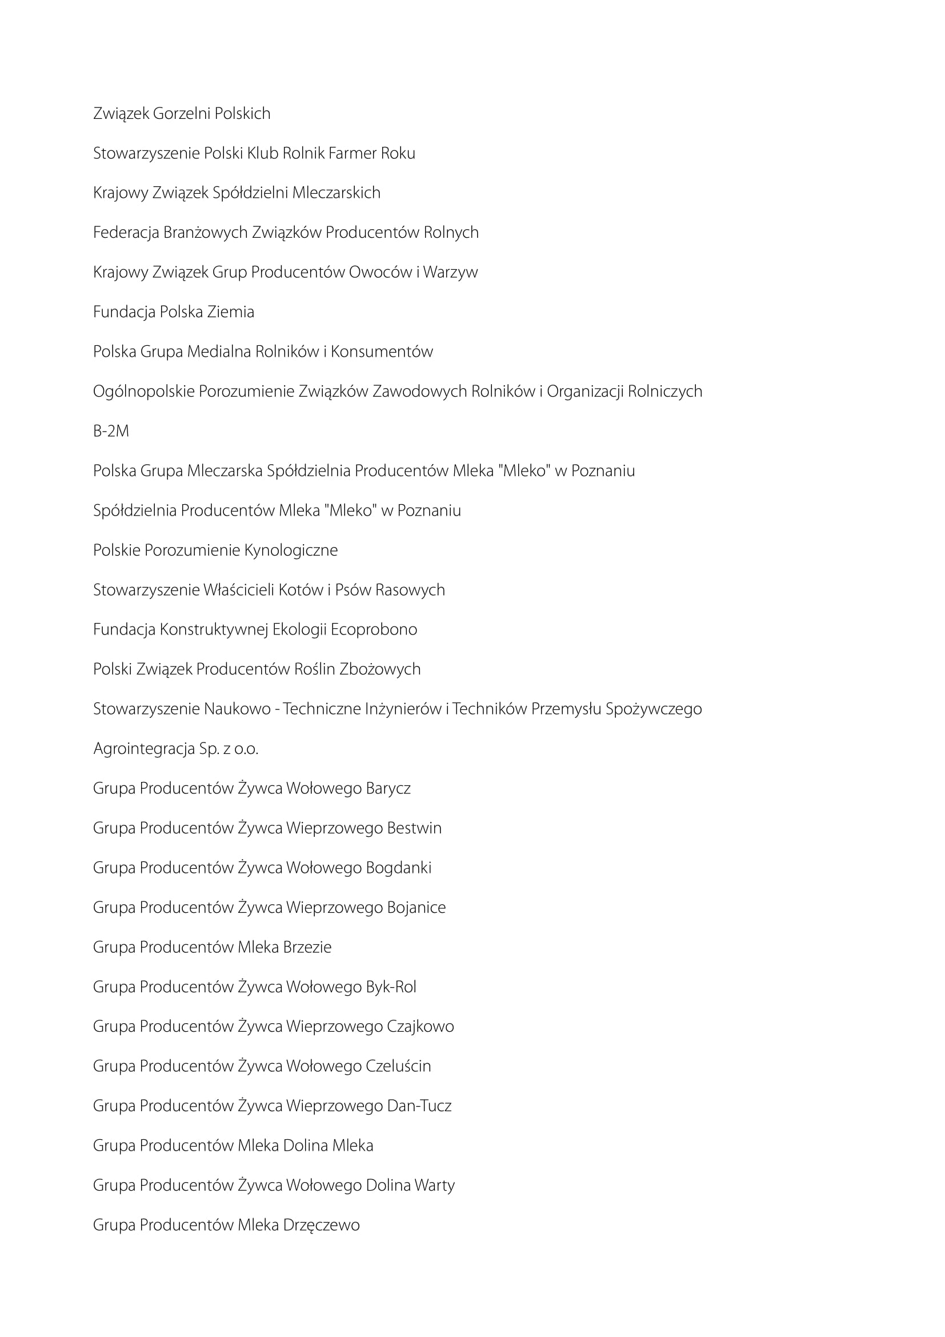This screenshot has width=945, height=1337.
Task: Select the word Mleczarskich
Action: [337, 193]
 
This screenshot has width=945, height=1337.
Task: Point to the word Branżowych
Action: [206, 232]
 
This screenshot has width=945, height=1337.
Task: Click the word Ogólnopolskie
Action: [144, 392]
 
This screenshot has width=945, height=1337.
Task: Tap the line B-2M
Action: [111, 431]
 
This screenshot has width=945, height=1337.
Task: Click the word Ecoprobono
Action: [374, 629]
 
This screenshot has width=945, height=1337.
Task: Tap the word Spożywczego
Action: [654, 709]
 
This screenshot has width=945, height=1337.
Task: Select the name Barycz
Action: [388, 788]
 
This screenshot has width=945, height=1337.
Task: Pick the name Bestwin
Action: [414, 828]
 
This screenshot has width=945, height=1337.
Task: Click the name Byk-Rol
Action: [391, 987]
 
